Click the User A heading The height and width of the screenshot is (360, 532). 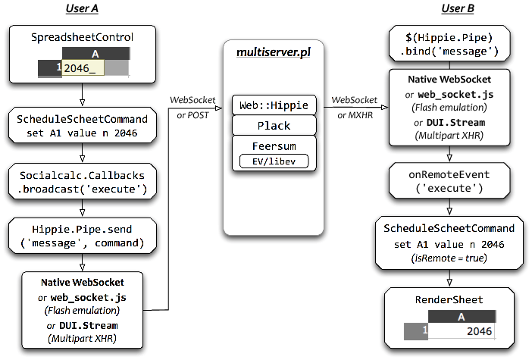click(81, 8)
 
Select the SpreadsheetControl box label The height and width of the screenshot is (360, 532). click(82, 36)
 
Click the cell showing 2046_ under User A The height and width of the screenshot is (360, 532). click(83, 68)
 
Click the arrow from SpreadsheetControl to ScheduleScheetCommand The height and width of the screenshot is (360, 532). click(82, 95)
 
